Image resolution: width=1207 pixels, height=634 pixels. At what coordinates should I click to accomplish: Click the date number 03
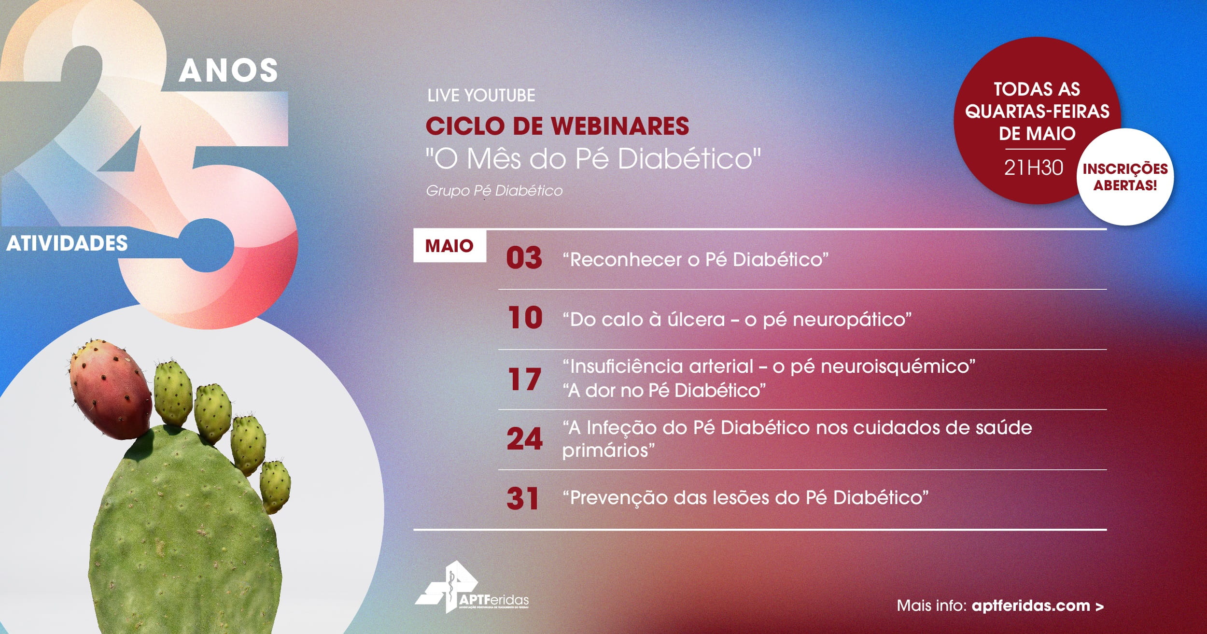tap(524, 258)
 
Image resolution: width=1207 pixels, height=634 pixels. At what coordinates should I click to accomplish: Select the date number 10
tap(525, 318)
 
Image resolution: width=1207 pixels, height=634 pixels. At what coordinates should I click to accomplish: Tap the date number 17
tap(524, 379)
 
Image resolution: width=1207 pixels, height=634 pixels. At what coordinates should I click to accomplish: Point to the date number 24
tap(524, 439)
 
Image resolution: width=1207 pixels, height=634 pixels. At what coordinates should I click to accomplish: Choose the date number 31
tap(522, 499)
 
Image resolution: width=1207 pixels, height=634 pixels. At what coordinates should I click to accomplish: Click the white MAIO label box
tap(449, 246)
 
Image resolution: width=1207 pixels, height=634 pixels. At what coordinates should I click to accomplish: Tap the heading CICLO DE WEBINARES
tap(557, 126)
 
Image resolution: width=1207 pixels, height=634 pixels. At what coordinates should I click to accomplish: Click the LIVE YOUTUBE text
tap(481, 95)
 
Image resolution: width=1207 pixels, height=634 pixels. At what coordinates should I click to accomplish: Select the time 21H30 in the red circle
tap(1034, 168)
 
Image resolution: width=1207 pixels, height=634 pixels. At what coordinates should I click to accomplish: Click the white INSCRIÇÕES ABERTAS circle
tap(1125, 177)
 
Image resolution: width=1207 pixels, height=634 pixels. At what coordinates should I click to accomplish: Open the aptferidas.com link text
tap(1031, 606)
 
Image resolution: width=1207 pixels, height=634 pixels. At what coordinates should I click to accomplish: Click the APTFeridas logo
tap(472, 586)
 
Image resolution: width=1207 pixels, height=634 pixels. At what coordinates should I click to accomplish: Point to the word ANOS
tap(228, 70)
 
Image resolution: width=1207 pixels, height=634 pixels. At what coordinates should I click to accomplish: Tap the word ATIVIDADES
tap(67, 243)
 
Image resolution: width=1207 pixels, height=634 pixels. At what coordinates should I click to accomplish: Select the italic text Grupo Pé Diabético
tap(494, 191)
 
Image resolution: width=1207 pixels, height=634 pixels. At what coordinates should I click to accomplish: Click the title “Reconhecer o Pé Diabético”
tap(696, 260)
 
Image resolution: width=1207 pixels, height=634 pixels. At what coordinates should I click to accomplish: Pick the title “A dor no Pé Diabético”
tap(664, 390)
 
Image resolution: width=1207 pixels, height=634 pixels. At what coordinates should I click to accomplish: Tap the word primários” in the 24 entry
tap(608, 451)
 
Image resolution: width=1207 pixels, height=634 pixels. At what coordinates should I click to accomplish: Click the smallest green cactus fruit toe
tap(275, 486)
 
